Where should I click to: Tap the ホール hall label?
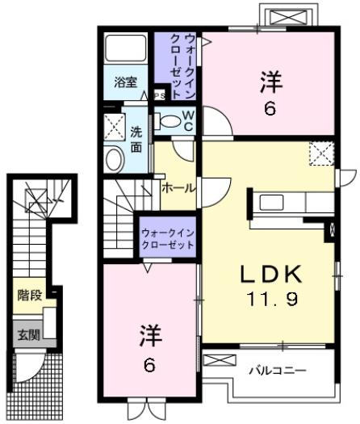[x=178, y=187]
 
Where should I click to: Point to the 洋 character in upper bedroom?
[x=269, y=81]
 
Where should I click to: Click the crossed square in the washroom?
[x=113, y=125]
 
